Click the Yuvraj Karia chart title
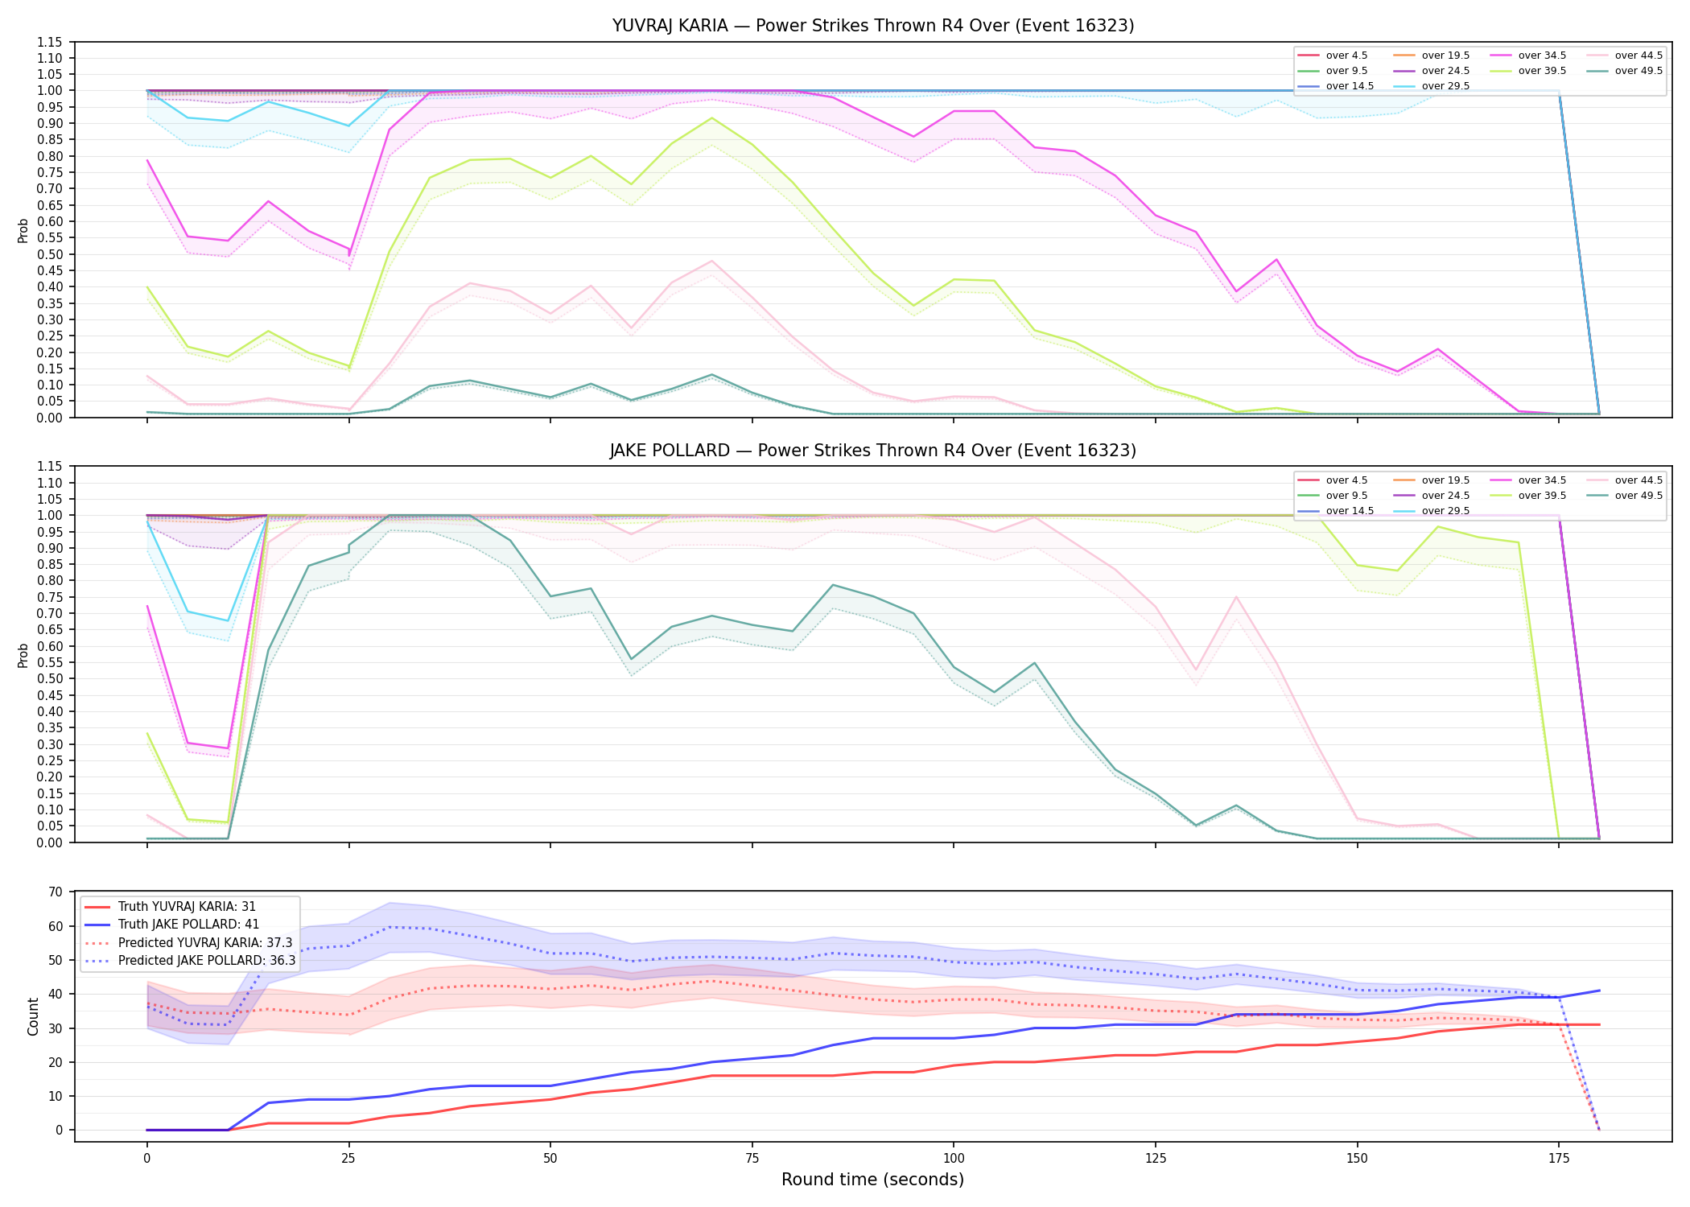(873, 26)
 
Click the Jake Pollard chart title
(873, 451)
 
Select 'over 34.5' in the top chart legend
(1542, 56)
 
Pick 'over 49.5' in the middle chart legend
(1638, 496)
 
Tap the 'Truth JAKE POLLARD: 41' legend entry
(188, 925)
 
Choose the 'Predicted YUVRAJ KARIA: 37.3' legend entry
(205, 942)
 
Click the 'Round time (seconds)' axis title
(872, 1180)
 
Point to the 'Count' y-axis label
(33, 1016)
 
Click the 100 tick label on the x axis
(954, 1159)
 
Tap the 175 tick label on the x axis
(1559, 1159)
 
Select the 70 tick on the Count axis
(56, 892)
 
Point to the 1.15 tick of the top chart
(50, 42)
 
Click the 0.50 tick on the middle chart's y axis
(50, 678)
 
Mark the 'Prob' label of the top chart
(23, 230)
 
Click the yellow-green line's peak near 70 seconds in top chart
(711, 118)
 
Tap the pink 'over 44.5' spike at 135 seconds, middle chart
(1236, 596)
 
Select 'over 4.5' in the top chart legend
(1346, 56)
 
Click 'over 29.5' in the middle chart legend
(1445, 511)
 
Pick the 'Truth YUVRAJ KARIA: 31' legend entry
(187, 907)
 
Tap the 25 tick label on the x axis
(348, 1159)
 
